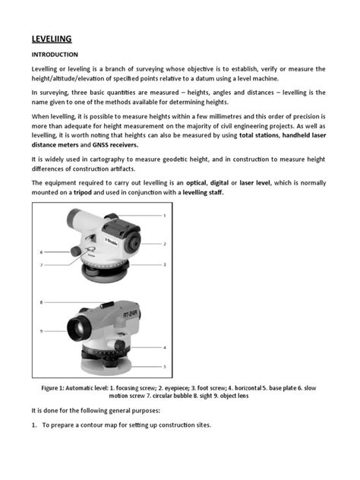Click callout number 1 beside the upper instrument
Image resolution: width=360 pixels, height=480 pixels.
click(164, 216)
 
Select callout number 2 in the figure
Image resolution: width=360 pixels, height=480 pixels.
click(164, 244)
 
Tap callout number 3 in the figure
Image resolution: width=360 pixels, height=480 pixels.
click(164, 264)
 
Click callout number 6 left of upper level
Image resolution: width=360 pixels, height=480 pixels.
click(42, 251)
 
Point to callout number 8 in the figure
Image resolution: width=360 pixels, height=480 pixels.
click(42, 302)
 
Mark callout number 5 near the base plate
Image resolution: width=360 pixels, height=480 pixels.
click(164, 366)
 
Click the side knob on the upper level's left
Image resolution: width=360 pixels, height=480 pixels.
click(77, 251)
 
